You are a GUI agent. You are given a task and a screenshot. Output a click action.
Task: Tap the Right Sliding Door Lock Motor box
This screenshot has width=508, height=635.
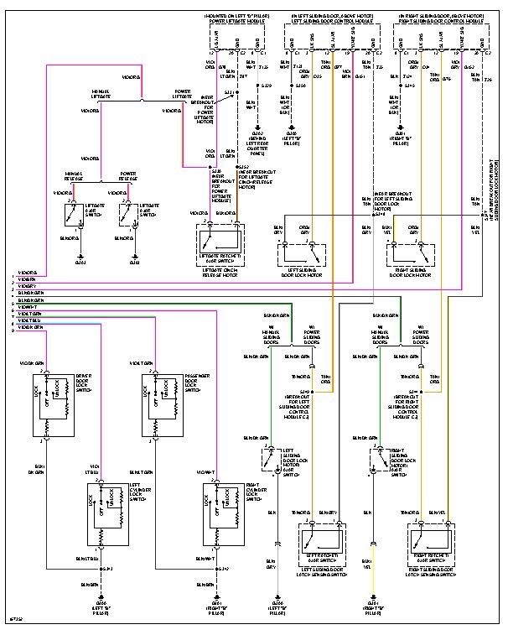pos(411,252)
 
